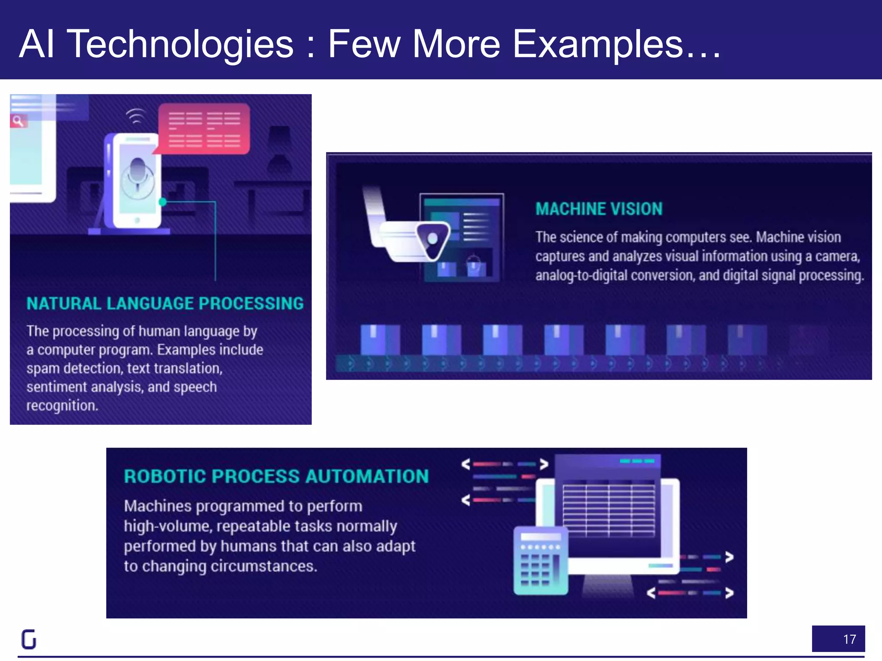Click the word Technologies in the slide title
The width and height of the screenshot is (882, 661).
(180, 44)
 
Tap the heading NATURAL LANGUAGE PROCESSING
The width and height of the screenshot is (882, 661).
(165, 304)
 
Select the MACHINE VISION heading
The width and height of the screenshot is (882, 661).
(599, 209)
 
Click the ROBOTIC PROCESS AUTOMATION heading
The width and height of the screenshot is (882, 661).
(276, 476)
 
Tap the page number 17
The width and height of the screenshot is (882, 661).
(849, 639)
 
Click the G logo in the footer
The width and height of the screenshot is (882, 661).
(29, 639)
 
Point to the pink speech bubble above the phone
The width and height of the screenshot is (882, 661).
(204, 128)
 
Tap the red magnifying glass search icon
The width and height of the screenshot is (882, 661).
(18, 121)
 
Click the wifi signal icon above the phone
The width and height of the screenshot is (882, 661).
(136, 116)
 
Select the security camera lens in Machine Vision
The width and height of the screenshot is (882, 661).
(432, 238)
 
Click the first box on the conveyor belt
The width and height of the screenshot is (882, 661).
(380, 340)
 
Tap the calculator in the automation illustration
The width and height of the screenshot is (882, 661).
(540, 561)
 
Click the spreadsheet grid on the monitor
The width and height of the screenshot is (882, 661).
(609, 510)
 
